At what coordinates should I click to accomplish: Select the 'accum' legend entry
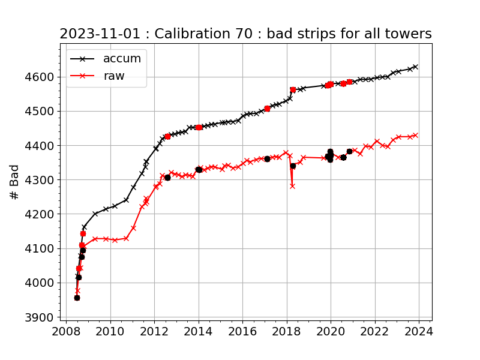122,58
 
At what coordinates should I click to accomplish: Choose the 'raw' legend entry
113,76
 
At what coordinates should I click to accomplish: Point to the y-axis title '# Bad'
15,182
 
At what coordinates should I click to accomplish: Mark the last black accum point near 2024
415,67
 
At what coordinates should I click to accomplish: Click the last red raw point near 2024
415,135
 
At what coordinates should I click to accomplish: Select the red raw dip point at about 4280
292,186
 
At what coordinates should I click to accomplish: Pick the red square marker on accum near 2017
267,109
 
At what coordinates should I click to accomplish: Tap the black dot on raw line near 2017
267,158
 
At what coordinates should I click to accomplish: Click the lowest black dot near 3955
77,298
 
